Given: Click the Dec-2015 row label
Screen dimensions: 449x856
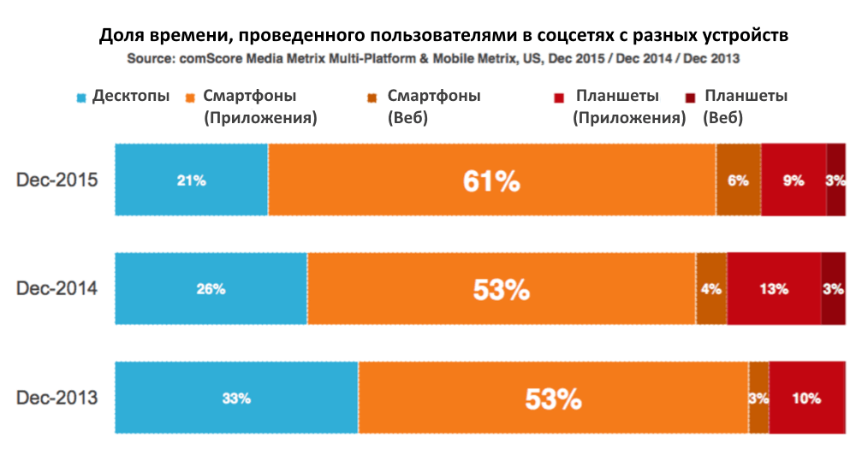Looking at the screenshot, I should click(x=57, y=180).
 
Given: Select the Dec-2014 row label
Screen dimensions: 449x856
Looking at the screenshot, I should click(x=57, y=289).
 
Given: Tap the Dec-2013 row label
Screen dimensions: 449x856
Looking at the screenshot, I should click(x=57, y=398).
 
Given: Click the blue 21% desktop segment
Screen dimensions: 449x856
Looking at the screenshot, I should click(x=192, y=180).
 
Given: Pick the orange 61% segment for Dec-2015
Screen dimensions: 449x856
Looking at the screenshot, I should click(x=491, y=180).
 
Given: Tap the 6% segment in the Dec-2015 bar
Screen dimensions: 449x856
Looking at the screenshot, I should click(x=738, y=180).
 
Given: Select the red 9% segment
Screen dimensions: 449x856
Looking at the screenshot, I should click(x=793, y=180).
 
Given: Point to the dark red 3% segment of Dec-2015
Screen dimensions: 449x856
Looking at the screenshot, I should click(x=835, y=180).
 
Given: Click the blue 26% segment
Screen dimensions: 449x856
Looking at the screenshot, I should click(x=211, y=289).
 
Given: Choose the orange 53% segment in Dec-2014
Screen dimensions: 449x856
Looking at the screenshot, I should click(x=502, y=289).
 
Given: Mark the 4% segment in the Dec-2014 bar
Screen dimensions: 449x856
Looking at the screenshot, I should click(x=711, y=289).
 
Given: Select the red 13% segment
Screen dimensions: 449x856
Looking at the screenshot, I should click(x=773, y=289).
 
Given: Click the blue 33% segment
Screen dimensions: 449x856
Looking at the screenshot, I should click(x=236, y=398).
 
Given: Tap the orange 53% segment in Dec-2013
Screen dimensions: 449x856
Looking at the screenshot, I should click(x=553, y=398).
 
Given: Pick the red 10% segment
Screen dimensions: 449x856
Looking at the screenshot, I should click(x=806, y=398).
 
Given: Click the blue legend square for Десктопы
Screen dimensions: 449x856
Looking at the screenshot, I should click(x=81, y=97).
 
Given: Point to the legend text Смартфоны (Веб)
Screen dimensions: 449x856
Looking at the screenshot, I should click(x=433, y=106).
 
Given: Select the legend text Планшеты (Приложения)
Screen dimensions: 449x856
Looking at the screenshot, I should click(x=629, y=106).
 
